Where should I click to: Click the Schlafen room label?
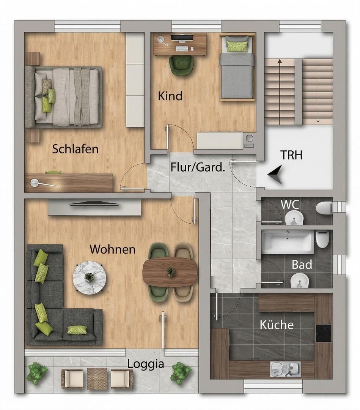point(75,149)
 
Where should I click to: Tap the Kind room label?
point(170,96)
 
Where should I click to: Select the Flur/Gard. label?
point(198,167)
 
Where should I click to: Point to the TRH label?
point(291,155)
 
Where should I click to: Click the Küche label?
point(277,325)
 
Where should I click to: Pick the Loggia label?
point(146,364)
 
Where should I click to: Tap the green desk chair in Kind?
point(181,65)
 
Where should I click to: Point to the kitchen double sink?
point(285,369)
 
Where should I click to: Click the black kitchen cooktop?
point(323,333)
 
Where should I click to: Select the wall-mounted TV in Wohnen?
point(94,204)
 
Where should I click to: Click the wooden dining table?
point(170,272)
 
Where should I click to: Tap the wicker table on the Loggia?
point(97,378)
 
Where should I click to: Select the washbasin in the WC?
point(294,218)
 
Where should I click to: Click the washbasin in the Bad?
point(300,281)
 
